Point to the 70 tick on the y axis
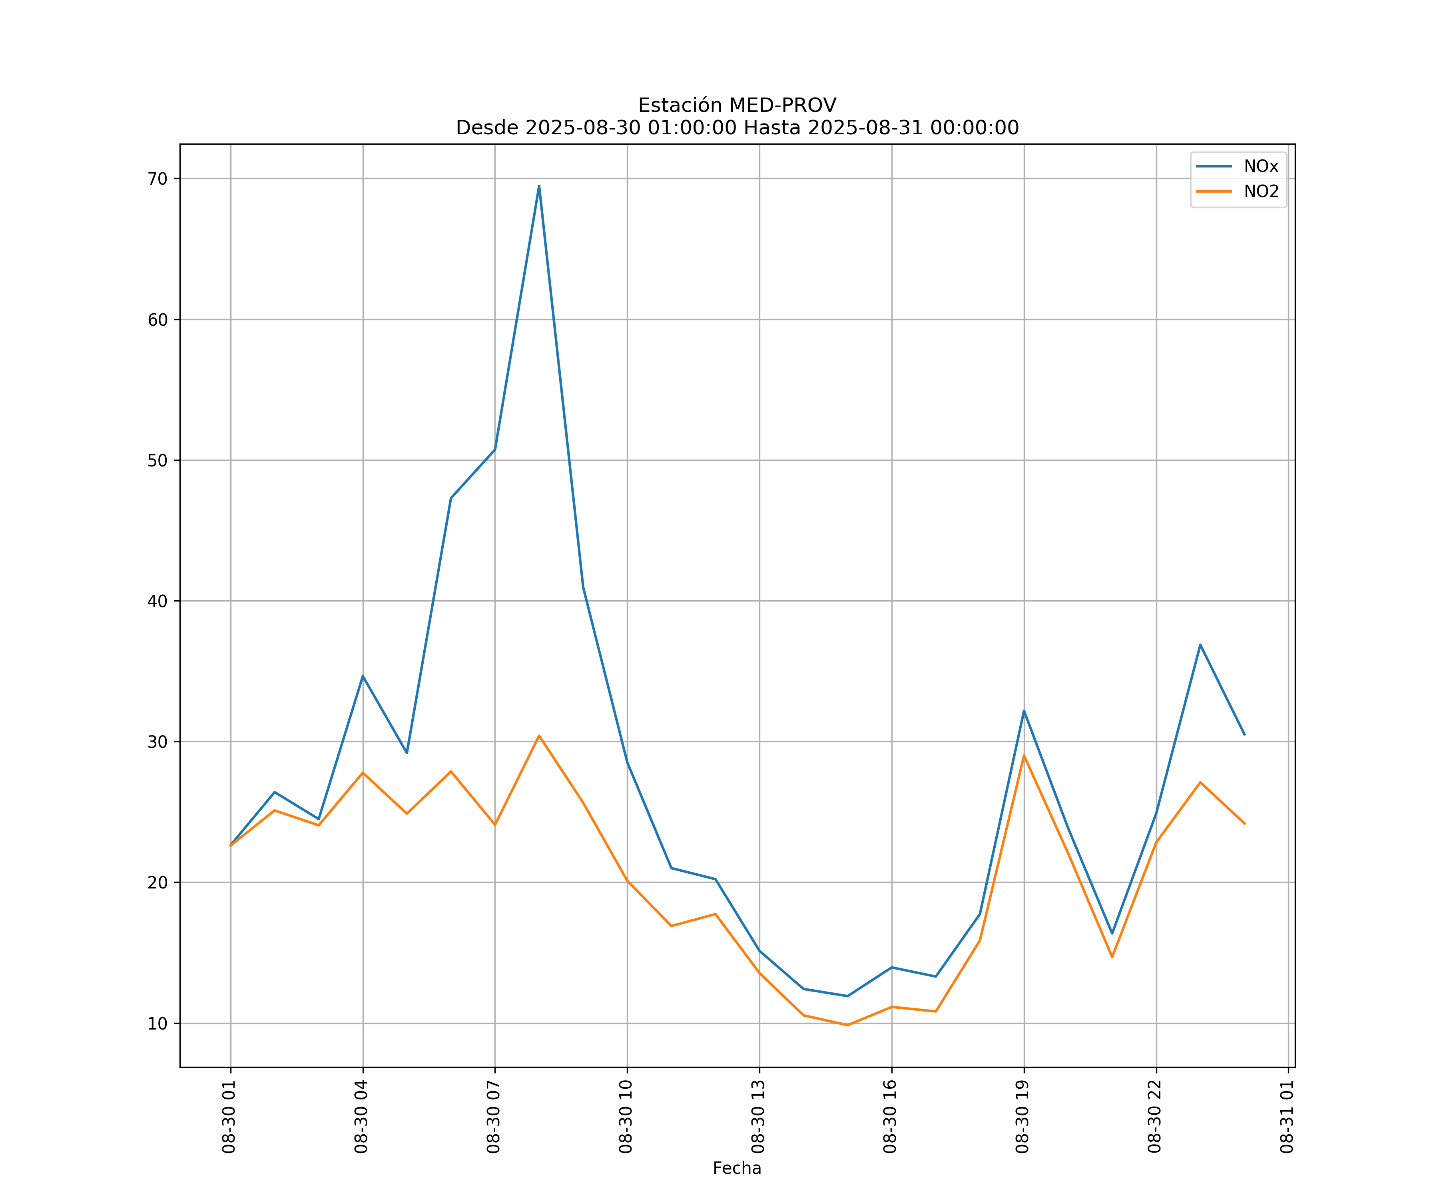click(x=157, y=179)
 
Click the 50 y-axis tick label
click(x=157, y=460)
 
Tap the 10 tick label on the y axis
click(x=157, y=1024)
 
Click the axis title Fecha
click(x=737, y=1168)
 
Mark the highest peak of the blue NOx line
click(x=539, y=186)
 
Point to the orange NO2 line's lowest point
click(x=848, y=1025)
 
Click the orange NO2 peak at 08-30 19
click(x=1024, y=756)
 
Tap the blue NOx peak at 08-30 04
click(x=363, y=676)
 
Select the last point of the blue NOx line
click(x=1244, y=735)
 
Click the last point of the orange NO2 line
click(x=1244, y=824)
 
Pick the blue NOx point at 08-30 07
click(x=495, y=450)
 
